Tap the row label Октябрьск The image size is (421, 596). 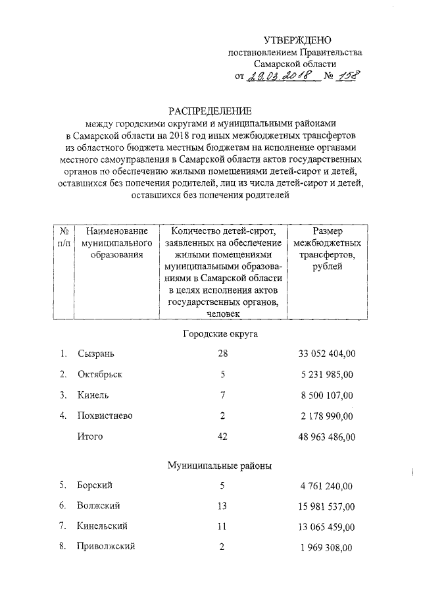click(x=99, y=375)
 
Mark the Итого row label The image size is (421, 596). click(x=90, y=436)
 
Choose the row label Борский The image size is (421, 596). click(x=94, y=485)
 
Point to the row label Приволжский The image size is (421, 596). click(x=106, y=547)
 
